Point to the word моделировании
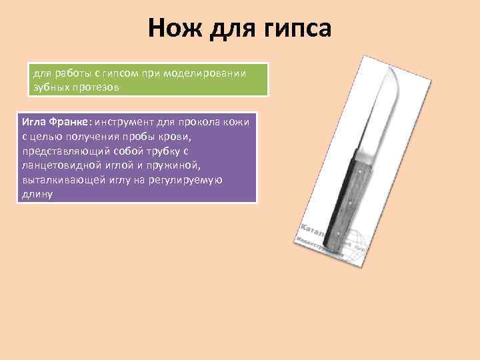pos(212,73)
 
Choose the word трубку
pos(159,151)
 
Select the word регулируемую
pos(185,181)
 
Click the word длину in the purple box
pos(36,195)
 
